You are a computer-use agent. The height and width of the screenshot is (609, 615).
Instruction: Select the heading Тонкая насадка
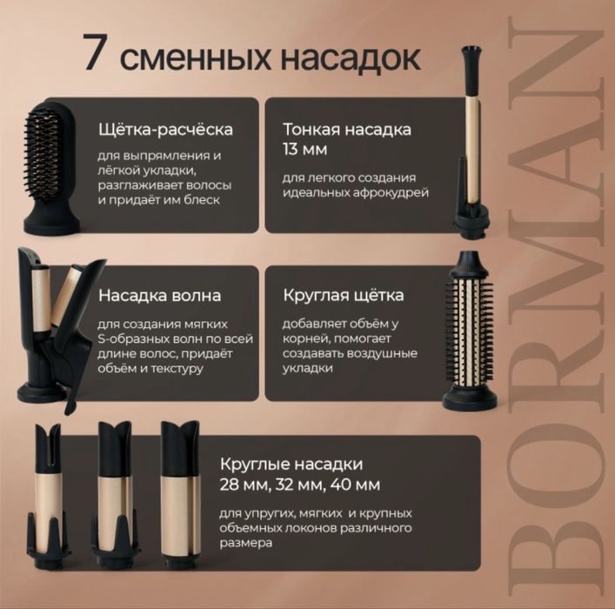coord(347,130)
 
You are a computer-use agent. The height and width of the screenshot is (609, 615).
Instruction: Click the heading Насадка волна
coord(159,296)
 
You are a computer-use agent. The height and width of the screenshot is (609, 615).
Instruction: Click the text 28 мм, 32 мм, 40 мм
coord(300,484)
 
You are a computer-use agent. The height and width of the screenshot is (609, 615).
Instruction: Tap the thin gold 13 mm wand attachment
coord(476,139)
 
